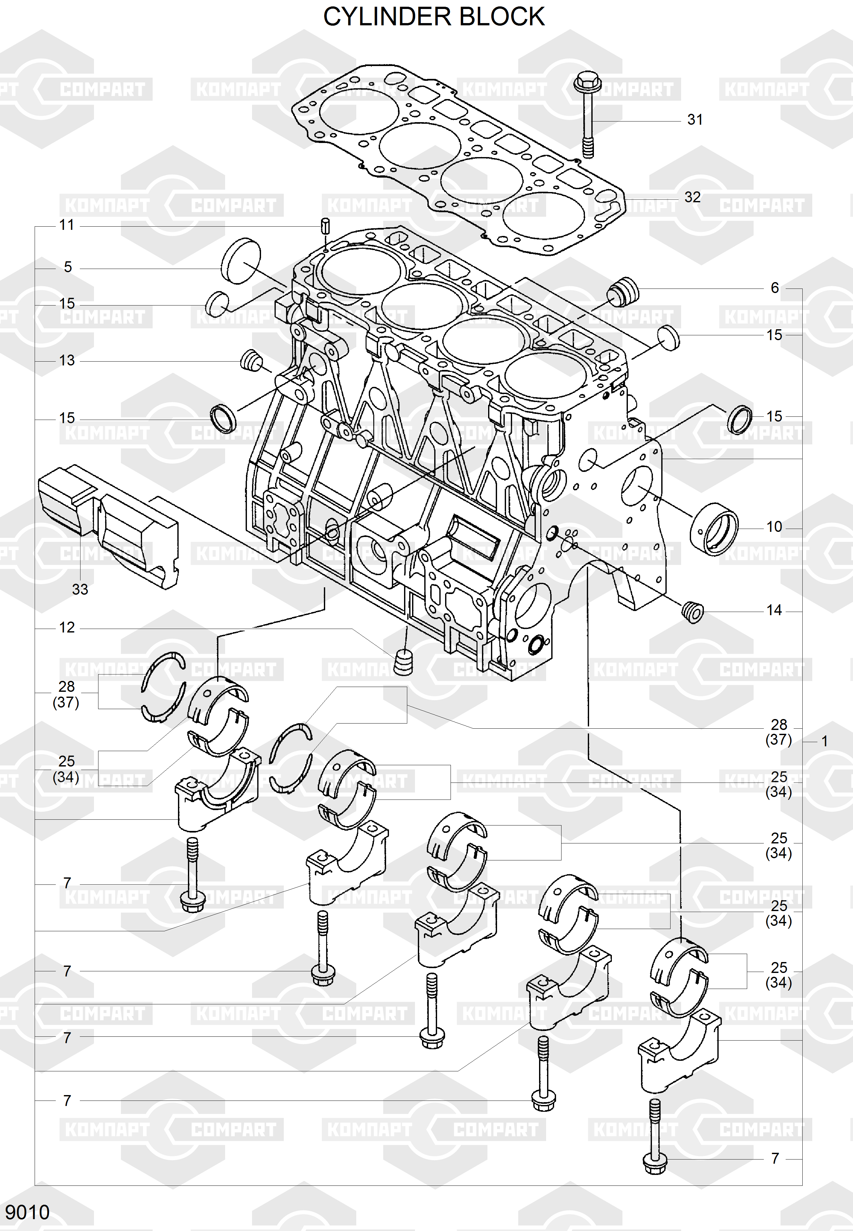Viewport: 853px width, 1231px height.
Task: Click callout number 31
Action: click(695, 120)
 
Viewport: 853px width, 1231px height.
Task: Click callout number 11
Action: click(67, 225)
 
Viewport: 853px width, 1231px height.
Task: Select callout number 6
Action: click(774, 288)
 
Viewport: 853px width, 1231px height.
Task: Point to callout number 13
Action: click(67, 361)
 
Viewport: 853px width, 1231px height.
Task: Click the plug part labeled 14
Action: click(693, 611)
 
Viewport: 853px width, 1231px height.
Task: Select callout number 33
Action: click(80, 589)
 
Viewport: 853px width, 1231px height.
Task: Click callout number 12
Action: click(67, 628)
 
